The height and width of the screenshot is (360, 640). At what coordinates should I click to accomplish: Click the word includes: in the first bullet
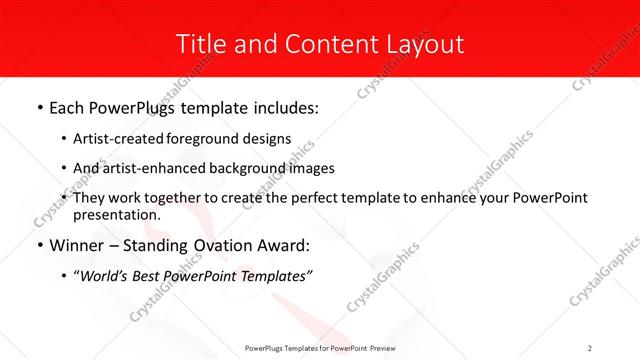[x=283, y=107]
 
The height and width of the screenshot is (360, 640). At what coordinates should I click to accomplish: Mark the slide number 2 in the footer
[x=590, y=347]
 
